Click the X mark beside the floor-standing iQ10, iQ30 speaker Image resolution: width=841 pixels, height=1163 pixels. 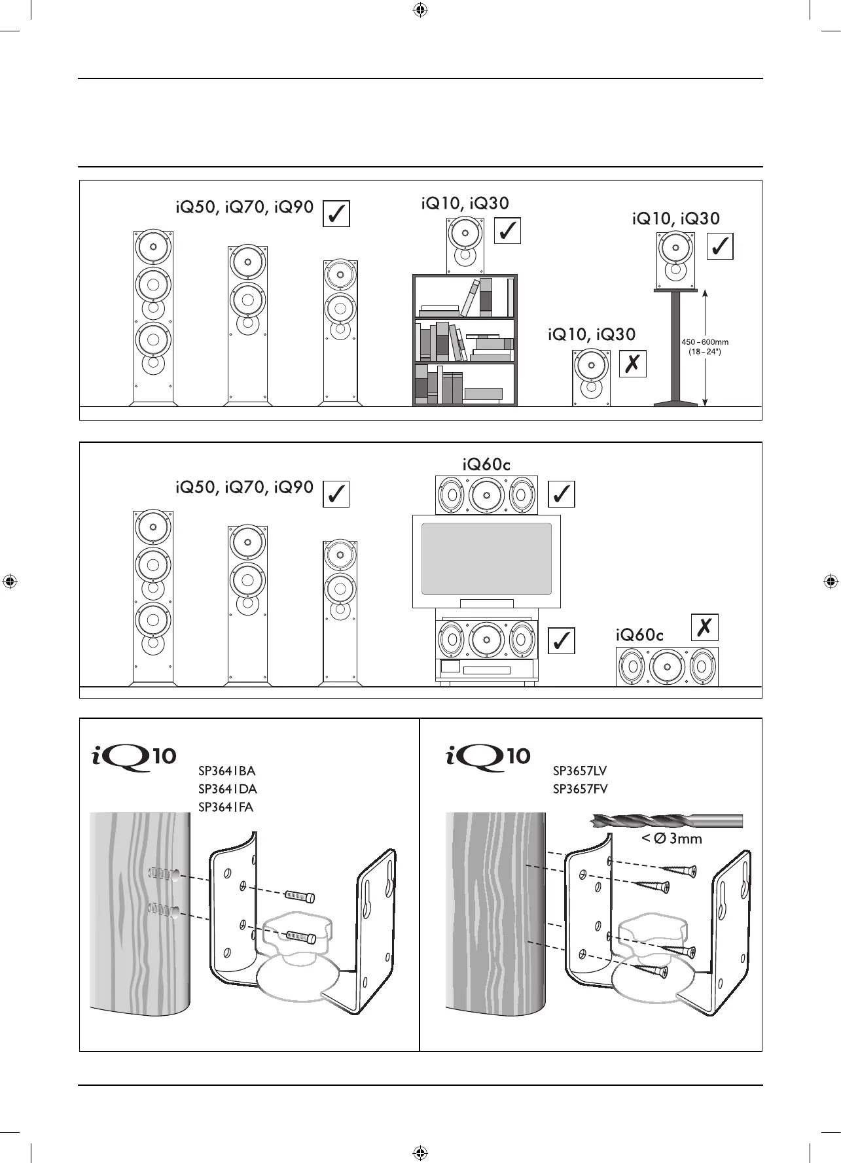pos(633,364)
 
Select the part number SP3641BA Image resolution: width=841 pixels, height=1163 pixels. pos(226,771)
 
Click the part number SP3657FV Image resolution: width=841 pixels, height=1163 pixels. pos(581,789)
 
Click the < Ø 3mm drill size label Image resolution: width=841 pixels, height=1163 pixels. pos(671,839)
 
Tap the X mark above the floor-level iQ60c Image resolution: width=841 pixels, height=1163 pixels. pos(705,627)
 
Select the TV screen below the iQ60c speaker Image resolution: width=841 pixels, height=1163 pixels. pos(486,559)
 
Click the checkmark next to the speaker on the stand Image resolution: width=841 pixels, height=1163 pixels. pos(720,247)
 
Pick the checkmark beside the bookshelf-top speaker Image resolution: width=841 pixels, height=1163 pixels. pos(507,230)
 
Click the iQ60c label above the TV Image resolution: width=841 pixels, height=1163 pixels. pos(486,464)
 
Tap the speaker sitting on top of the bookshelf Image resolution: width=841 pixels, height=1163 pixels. pos(466,246)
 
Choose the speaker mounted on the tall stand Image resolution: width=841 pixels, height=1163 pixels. pos(676,261)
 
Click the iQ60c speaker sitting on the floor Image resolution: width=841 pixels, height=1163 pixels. pos(667,667)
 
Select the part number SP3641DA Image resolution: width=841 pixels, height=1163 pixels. pos(227,789)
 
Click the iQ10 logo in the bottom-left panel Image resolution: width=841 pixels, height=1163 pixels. pos(134,757)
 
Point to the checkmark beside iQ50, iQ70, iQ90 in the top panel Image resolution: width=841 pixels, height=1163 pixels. pos(336,214)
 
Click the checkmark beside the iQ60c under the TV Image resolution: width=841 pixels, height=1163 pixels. pos(561,640)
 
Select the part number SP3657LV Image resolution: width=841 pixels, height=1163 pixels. pos(581,771)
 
